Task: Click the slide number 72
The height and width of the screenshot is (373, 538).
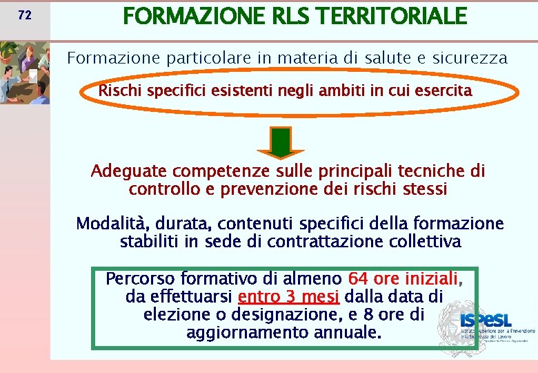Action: pos(25,15)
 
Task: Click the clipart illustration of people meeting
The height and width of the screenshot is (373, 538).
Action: pos(25,73)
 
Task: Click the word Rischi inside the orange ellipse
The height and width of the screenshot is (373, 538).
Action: pos(119,90)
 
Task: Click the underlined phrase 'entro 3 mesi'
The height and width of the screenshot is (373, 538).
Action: pos(288,297)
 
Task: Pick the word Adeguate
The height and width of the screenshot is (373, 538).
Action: pos(128,171)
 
